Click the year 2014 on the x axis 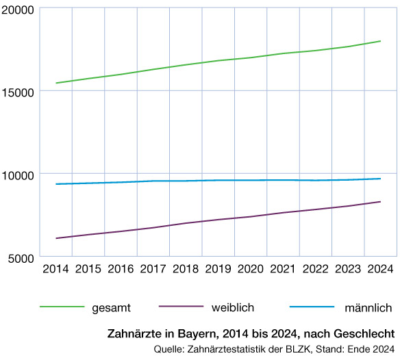[55, 268]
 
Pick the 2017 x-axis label [153, 268]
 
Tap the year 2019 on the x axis [218, 268]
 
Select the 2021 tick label [283, 268]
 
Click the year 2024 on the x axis [380, 268]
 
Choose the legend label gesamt [111, 307]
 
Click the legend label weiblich [230, 307]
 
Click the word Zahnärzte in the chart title [134, 334]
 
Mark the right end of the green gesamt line [381, 41]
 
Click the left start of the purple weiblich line [56, 238]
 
